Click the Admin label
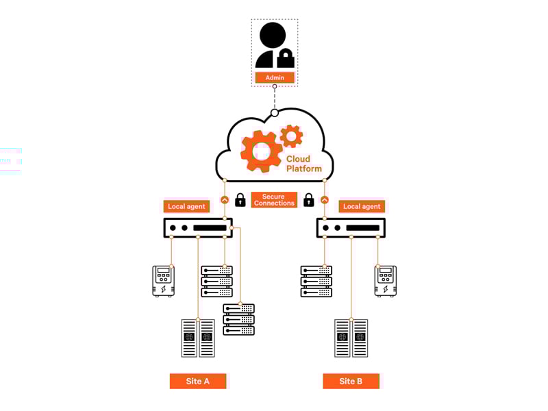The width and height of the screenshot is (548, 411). [x=275, y=77]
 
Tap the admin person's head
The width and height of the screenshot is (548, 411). [x=272, y=35]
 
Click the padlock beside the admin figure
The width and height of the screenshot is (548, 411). [x=286, y=58]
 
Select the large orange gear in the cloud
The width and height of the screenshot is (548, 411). [x=261, y=151]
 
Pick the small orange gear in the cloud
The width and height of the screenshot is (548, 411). [x=292, y=136]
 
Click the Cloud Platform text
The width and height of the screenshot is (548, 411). [x=303, y=164]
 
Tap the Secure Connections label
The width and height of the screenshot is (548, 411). [x=274, y=200]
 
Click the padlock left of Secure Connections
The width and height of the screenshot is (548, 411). [x=240, y=200]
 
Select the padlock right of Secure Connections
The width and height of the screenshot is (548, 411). [x=309, y=200]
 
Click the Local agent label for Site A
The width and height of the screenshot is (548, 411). [x=186, y=206]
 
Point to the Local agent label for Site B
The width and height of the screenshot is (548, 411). [x=361, y=206]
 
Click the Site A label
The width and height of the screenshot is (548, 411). [x=198, y=381]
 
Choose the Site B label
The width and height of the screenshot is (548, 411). [x=351, y=381]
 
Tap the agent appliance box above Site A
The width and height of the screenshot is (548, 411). [x=198, y=227]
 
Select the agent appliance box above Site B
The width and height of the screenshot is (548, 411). [x=351, y=227]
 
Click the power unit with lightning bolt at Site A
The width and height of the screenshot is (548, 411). [x=163, y=281]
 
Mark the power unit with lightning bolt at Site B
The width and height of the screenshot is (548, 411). [x=386, y=281]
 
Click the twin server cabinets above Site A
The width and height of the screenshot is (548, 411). [x=198, y=338]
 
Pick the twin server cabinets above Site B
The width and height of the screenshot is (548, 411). [x=351, y=338]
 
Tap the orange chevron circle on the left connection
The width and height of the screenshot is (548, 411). [x=225, y=200]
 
